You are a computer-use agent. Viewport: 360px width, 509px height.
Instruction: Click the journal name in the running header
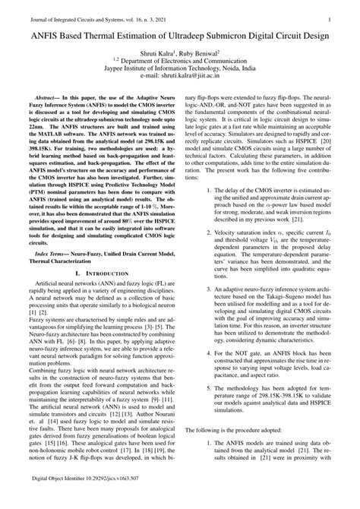(92, 12)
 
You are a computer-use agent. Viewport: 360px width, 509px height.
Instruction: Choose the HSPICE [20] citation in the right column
(314, 142)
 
